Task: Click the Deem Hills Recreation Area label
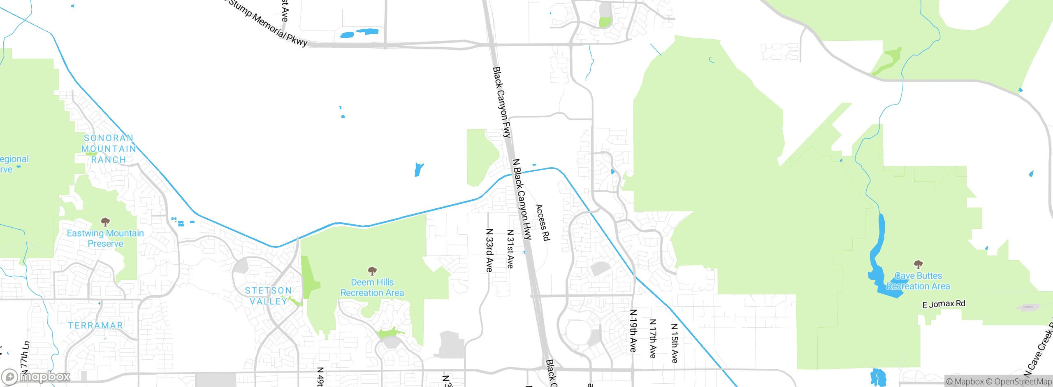click(372, 287)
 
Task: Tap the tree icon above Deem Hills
click(372, 271)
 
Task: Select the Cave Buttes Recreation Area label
click(918, 281)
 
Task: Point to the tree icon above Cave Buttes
click(918, 264)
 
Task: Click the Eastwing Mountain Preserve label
click(105, 238)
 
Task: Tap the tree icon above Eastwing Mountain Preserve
click(105, 222)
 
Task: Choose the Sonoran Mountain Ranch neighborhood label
click(109, 149)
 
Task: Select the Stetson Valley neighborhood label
click(268, 296)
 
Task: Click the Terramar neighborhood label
click(95, 325)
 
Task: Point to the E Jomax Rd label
click(944, 304)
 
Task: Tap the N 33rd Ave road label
click(489, 250)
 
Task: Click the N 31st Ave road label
click(510, 249)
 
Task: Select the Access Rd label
click(543, 222)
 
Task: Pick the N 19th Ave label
click(633, 331)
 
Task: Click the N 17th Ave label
click(653, 338)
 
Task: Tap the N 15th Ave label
click(674, 343)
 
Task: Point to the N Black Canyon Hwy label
click(522, 199)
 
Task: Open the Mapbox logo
click(36, 377)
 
